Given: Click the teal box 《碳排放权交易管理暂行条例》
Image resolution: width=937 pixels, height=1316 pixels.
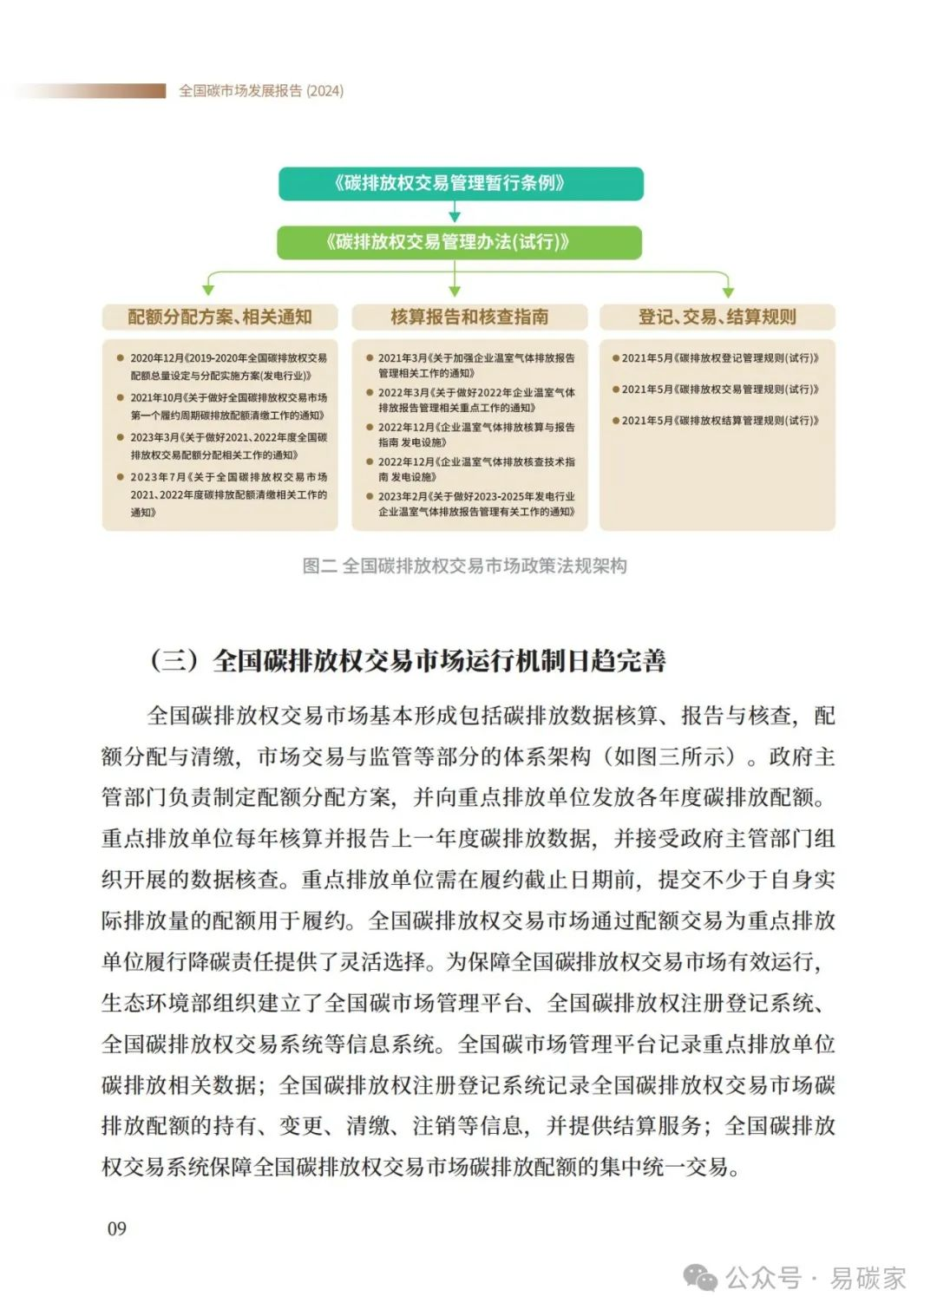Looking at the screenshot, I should click(460, 183).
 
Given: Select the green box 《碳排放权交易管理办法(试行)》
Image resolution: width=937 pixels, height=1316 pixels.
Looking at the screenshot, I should click(459, 242).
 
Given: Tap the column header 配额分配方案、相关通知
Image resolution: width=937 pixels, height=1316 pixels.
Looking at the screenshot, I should click(220, 317).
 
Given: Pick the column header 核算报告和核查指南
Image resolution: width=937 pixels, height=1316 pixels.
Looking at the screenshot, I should click(468, 317).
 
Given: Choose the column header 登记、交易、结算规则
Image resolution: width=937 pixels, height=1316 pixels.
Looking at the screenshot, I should click(717, 317).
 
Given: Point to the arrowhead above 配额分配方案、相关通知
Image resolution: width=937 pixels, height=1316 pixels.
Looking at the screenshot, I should click(207, 290).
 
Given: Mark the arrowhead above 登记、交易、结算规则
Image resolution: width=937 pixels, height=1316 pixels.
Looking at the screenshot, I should click(727, 290).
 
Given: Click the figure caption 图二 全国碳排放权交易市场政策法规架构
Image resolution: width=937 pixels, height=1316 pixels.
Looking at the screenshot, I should click(464, 566).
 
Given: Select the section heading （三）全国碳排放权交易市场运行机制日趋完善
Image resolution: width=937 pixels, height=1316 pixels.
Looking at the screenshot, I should click(408, 661).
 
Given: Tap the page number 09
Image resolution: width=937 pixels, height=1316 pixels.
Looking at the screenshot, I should click(116, 1228).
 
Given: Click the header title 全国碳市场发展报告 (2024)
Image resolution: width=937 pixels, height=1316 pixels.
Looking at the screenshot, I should click(261, 91).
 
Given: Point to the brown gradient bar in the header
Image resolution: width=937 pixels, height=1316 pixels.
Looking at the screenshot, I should click(95, 91).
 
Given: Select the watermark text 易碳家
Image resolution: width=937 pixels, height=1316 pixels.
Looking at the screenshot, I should click(868, 1278).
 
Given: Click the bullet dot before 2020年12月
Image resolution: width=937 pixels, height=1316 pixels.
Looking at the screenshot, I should click(121, 357).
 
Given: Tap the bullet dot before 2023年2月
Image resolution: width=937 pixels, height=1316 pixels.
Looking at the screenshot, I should click(370, 497).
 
